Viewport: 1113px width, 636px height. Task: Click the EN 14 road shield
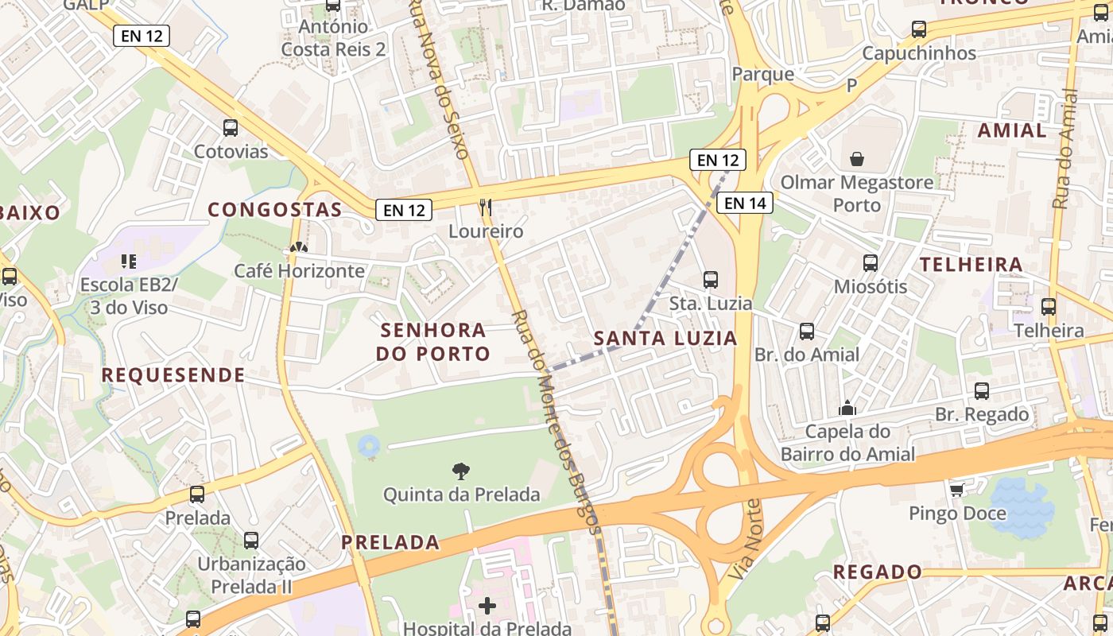point(745,203)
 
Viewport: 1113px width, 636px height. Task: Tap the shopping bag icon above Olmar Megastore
point(857,159)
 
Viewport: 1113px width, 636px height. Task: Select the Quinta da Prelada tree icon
point(460,471)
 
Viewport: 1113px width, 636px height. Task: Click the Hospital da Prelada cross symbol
point(487,607)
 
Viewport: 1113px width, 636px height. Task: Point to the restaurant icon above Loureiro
point(486,207)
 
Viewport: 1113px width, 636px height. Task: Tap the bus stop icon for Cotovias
point(231,127)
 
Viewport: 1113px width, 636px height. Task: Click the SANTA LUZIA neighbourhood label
point(665,338)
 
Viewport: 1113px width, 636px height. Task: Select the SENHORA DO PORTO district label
point(432,342)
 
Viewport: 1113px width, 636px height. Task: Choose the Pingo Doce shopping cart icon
point(957,490)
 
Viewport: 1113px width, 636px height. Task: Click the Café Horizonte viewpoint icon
point(298,247)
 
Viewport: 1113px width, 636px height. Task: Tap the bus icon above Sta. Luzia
point(711,280)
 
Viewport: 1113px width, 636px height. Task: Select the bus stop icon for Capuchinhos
point(919,29)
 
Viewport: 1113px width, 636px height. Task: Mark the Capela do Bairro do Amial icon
point(847,408)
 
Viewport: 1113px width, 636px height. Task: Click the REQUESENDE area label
point(173,375)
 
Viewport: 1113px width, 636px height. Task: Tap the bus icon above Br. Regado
point(982,390)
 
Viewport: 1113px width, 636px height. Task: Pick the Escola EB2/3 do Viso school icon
point(129,261)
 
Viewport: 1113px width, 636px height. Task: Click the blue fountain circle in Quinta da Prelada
point(369,446)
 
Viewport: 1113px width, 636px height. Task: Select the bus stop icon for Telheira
point(1049,307)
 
